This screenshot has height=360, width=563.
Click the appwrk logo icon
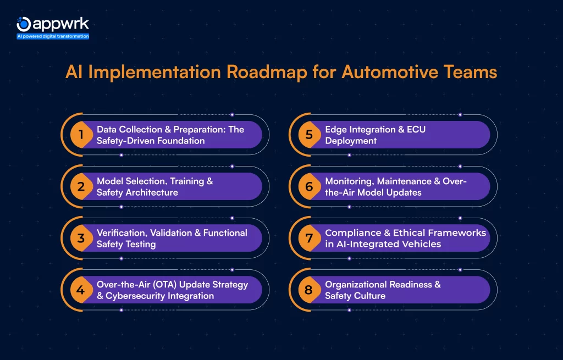coord(24,24)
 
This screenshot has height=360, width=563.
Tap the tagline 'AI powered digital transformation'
coord(53,36)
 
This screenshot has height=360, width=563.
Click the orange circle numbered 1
coord(81,135)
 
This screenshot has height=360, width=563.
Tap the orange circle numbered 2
coord(81,187)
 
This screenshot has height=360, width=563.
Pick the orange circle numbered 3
coord(81,239)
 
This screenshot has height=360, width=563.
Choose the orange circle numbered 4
coord(81,290)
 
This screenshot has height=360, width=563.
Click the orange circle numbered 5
coord(309,135)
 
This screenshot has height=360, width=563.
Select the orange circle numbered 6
coord(309,187)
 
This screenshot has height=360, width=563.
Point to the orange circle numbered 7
coord(309,239)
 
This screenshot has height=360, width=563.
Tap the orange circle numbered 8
coord(309,290)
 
